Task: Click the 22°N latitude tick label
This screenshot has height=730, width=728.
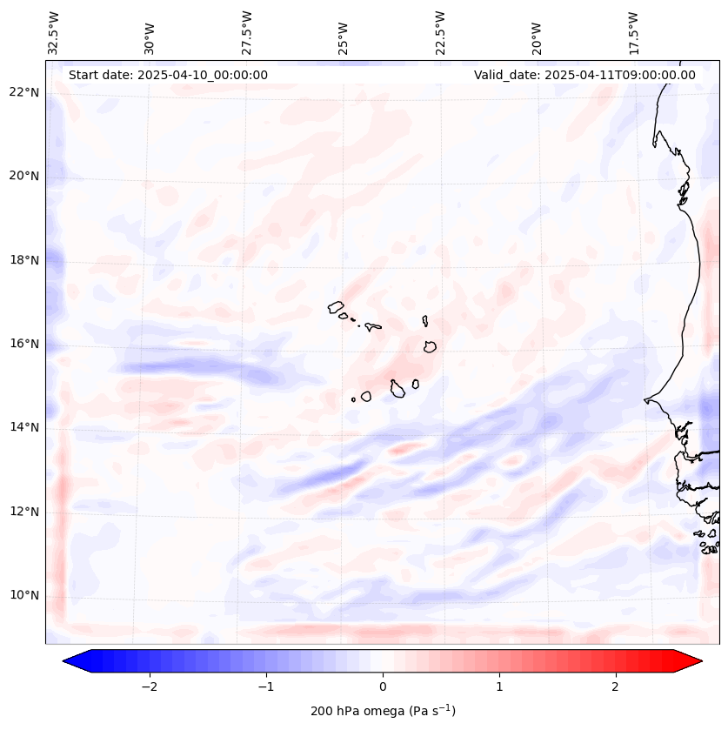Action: coord(24,92)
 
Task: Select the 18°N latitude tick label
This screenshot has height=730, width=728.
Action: coord(24,260)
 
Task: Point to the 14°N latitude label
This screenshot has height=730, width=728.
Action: coord(24,427)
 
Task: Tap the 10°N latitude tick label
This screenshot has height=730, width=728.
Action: coord(24,596)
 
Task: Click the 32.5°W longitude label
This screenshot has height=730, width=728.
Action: coord(54,32)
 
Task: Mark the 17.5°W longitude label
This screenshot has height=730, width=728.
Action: coord(633,32)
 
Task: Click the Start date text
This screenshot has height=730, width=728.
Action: coord(168,75)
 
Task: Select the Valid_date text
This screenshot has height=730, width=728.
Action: coord(584,75)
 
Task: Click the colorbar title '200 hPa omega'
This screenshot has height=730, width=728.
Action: coord(383,711)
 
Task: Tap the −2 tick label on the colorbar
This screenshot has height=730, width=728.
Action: coord(149,686)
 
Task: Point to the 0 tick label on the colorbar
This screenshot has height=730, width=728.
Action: coord(383,686)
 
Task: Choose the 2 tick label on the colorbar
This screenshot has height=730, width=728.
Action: coord(616,686)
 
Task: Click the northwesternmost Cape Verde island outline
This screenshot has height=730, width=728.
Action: coord(336,306)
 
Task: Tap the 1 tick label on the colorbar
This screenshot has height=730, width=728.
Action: coord(499,686)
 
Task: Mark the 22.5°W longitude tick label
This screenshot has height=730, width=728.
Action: coord(440,32)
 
